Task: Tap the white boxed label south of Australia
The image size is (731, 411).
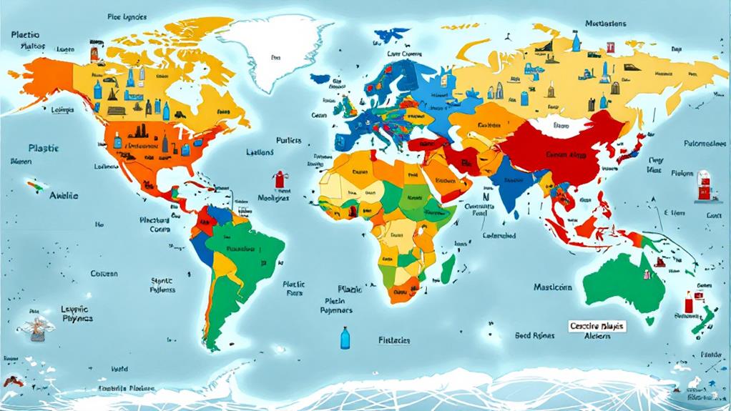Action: (597, 326)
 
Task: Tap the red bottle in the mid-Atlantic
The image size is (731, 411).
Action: (278, 177)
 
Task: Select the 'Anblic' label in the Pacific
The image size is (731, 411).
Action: (64, 195)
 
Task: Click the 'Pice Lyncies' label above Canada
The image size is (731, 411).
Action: (128, 16)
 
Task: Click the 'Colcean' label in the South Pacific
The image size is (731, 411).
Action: (104, 273)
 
